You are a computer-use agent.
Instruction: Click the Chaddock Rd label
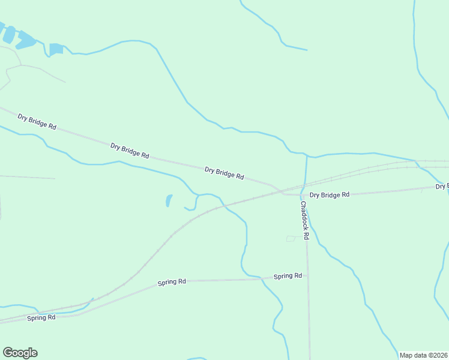point(304,220)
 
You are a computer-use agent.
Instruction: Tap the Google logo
point(20,353)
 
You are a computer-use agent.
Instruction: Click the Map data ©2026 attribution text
point(423,355)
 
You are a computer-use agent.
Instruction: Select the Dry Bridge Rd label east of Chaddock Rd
point(329,195)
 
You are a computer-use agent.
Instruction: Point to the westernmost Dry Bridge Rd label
point(37,121)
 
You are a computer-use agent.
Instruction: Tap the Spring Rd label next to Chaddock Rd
point(288,276)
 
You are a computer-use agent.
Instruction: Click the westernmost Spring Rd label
point(41,317)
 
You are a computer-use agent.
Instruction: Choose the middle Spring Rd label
point(172,282)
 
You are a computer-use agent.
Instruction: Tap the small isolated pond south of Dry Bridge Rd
point(169,200)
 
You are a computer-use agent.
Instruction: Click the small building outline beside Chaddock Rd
point(291,238)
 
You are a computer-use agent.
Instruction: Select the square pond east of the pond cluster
point(56,49)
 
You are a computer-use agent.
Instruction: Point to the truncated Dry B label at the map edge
point(442,187)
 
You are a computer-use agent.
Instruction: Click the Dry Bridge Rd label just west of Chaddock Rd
point(224,173)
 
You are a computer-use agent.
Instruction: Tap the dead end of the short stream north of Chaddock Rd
point(307,50)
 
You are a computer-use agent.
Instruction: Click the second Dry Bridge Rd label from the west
point(130,150)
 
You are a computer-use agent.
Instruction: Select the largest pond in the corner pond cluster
point(26,41)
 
